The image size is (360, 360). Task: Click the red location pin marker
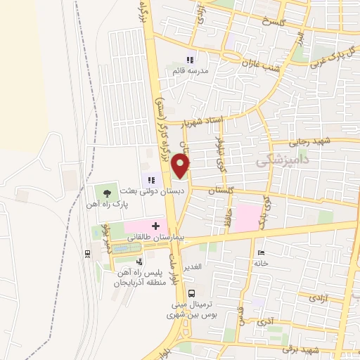pyautogui.click(x=181, y=166)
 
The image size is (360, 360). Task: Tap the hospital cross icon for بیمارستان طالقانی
pyautogui.click(x=155, y=227)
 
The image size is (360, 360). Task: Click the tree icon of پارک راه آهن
pyautogui.click(x=106, y=192)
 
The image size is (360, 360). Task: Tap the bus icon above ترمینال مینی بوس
pyautogui.click(x=193, y=294)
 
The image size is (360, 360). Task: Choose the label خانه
pyautogui.click(x=262, y=263)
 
